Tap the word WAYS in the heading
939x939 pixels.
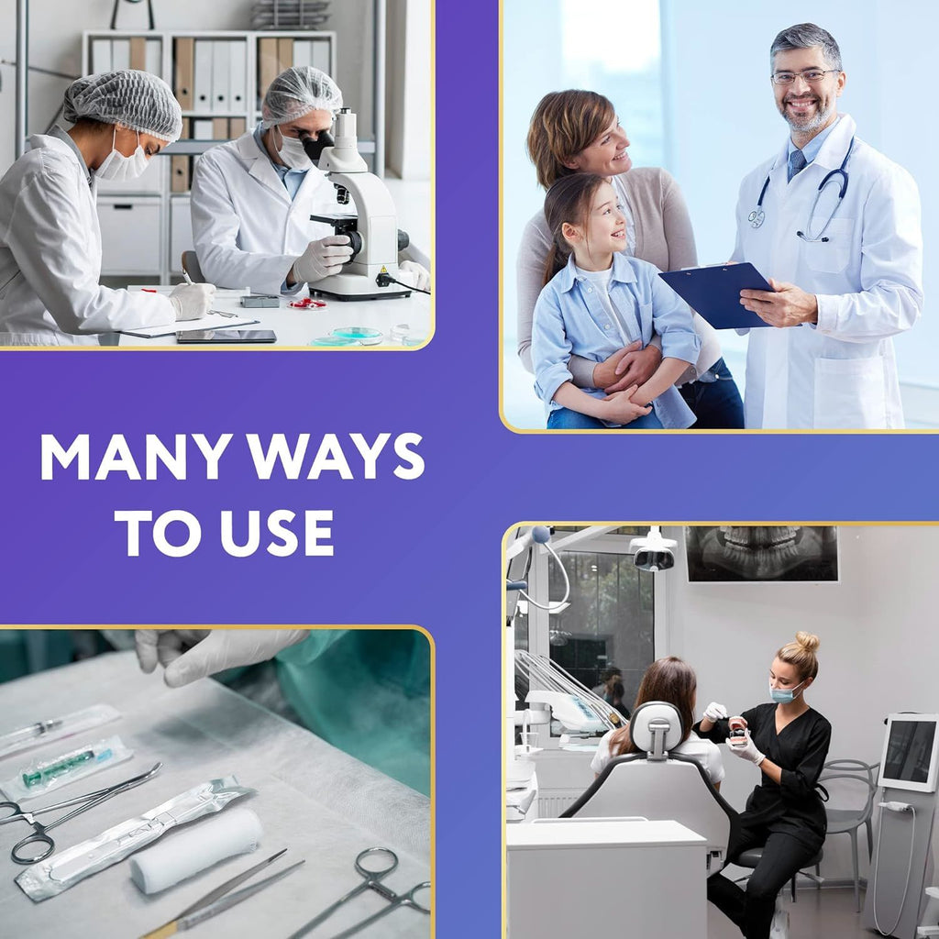pos(336,456)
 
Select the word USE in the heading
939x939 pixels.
pos(277,533)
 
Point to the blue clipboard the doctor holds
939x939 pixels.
pos(715,294)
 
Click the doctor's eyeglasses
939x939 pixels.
pos(803,76)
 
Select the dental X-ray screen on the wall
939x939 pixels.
pos(762,553)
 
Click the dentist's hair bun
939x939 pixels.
pos(807,642)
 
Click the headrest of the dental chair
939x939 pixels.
pos(657,728)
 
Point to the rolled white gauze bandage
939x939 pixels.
pos(196,850)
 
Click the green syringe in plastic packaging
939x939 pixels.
pos(66,767)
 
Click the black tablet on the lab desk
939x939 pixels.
pos(226,337)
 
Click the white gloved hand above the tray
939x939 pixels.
pos(210,655)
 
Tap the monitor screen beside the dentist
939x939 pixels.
pos(910,751)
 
